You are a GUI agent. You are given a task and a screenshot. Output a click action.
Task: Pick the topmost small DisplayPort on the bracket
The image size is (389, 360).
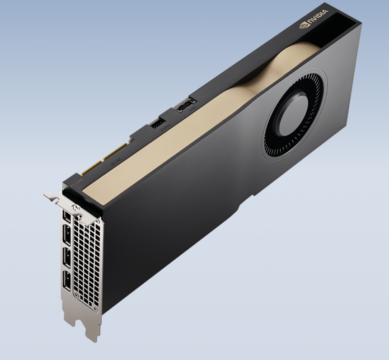[67, 219]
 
